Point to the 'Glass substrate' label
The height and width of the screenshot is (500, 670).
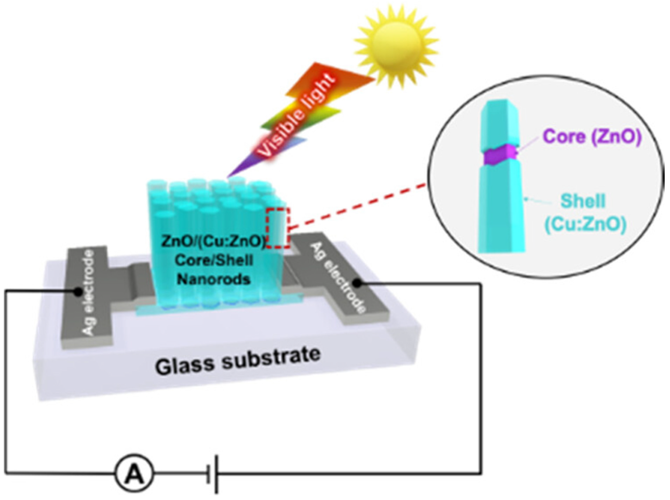pos(237,362)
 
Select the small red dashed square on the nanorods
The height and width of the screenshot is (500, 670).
pos(278,228)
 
